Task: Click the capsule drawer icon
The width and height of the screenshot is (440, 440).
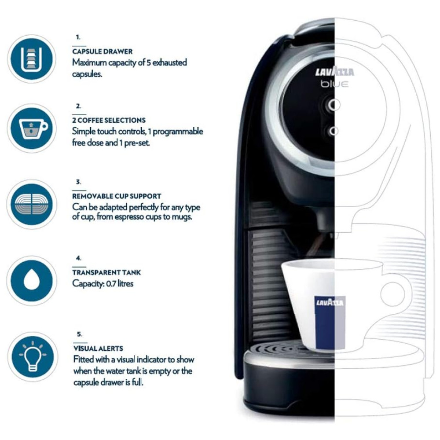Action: (32, 59)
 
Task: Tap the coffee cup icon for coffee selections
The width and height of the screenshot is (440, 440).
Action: (32, 128)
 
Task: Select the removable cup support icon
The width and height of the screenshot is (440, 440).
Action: (32, 204)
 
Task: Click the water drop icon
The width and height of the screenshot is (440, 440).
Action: (32, 280)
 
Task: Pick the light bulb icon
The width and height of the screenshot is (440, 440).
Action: (32, 357)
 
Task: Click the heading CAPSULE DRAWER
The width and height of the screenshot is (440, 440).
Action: (103, 51)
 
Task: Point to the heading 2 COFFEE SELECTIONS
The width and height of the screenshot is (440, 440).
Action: (109, 121)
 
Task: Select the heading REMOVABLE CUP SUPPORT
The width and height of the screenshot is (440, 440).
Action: (117, 196)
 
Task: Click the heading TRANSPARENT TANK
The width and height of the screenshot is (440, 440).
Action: (106, 272)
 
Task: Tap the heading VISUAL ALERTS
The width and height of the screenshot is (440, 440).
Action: (98, 348)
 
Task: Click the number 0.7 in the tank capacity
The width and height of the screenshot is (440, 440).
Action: (111, 284)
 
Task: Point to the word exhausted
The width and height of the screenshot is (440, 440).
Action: (169, 62)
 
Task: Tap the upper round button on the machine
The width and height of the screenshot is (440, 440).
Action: (333, 105)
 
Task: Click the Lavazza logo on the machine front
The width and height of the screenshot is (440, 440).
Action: (334, 72)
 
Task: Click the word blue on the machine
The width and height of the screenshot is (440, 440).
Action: (334, 84)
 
